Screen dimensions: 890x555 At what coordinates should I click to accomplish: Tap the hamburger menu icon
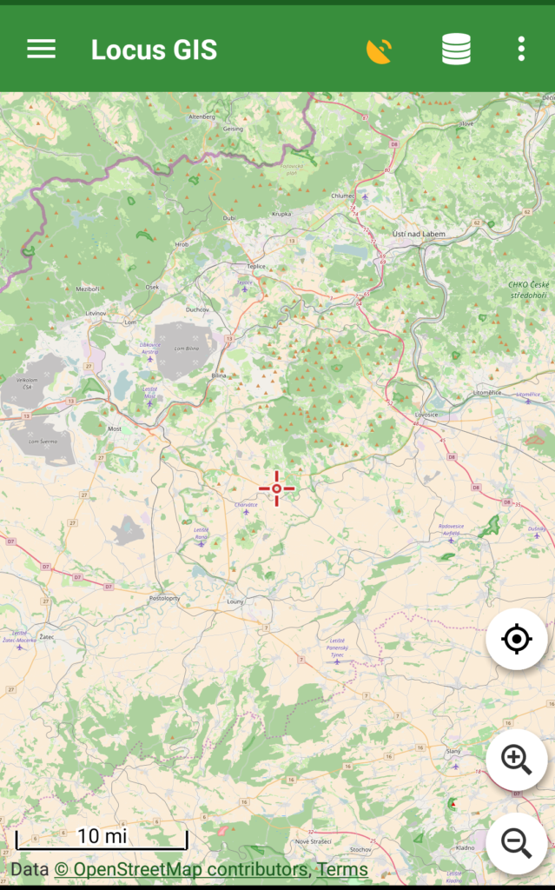pos(41,49)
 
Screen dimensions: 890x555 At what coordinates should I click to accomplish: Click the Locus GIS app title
pos(154,50)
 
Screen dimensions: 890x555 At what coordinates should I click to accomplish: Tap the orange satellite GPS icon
pos(379,50)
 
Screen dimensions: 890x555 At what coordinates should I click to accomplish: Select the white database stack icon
pos(456,50)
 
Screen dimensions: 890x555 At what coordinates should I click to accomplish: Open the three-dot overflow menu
pos(521,50)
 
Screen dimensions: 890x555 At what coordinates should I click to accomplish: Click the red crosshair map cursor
pos(276,488)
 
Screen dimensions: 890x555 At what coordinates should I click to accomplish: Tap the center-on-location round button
pos(516,640)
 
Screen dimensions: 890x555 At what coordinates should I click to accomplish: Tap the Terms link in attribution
pos(342,869)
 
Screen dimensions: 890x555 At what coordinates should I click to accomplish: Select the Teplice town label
pos(255,266)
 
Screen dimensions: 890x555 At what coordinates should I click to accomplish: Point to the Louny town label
pos(235,601)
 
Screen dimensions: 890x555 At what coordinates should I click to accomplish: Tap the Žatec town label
pos(47,637)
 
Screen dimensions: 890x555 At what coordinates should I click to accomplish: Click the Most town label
pos(114,429)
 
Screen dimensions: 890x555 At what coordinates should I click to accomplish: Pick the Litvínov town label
pos(96,312)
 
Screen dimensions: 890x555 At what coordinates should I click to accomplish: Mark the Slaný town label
pos(453,750)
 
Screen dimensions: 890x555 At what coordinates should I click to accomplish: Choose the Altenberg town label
pos(202,116)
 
